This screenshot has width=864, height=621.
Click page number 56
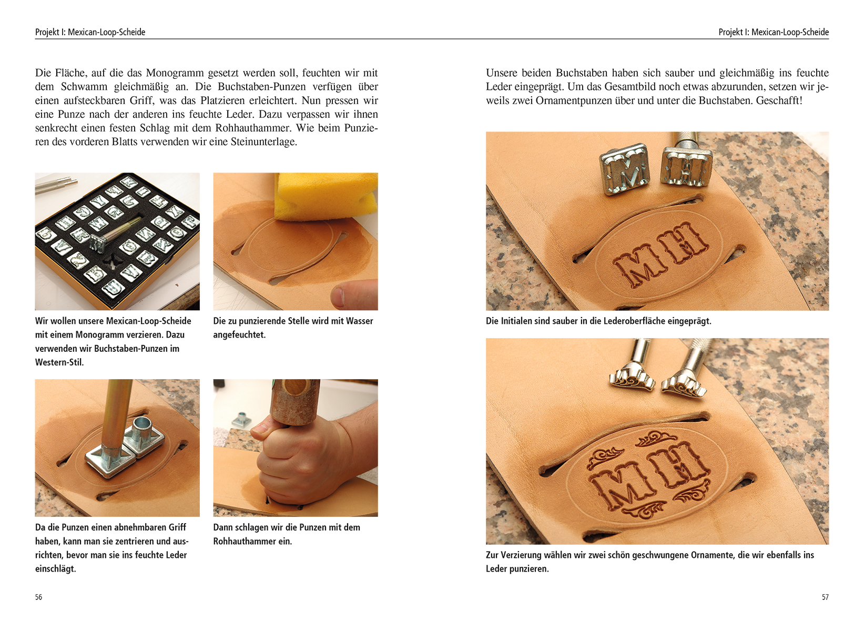[38, 597]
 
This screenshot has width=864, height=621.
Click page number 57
[825, 597]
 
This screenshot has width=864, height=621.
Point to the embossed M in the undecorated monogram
[638, 266]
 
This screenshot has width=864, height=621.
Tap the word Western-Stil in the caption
[59, 362]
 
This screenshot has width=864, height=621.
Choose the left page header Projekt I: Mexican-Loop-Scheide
[90, 32]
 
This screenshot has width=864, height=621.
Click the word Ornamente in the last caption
[716, 555]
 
